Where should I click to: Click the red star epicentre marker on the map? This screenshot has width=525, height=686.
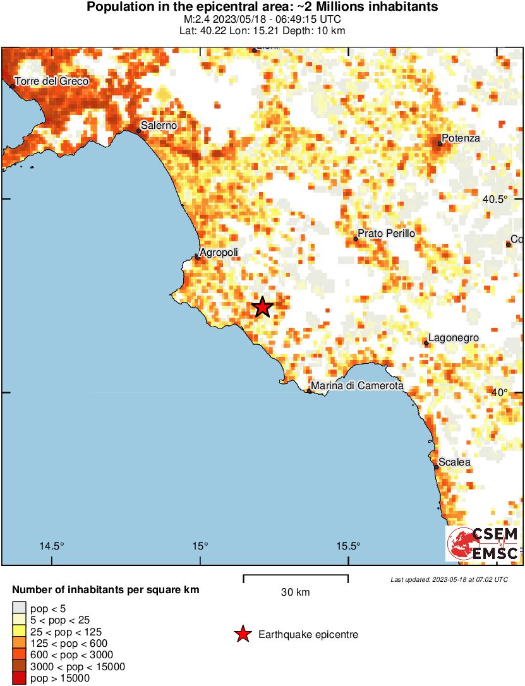262,308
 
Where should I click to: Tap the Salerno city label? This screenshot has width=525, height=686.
159,126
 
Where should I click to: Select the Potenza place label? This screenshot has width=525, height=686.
461,138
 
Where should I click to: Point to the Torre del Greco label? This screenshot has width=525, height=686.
51,81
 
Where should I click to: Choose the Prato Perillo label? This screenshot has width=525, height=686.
386,234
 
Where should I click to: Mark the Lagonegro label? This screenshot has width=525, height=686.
453,338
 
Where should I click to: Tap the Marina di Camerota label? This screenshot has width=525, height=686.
356,386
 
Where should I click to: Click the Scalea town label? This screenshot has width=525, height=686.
454,462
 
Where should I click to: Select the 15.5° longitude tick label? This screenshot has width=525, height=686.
348,546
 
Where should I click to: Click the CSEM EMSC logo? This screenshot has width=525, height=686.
483,544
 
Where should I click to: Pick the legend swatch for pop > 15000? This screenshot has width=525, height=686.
19,678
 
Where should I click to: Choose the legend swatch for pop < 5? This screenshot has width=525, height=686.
19,608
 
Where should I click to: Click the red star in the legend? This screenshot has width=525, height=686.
243,634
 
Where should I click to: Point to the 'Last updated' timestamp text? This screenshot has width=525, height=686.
449,579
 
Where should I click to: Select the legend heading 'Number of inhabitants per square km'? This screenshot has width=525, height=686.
106,590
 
